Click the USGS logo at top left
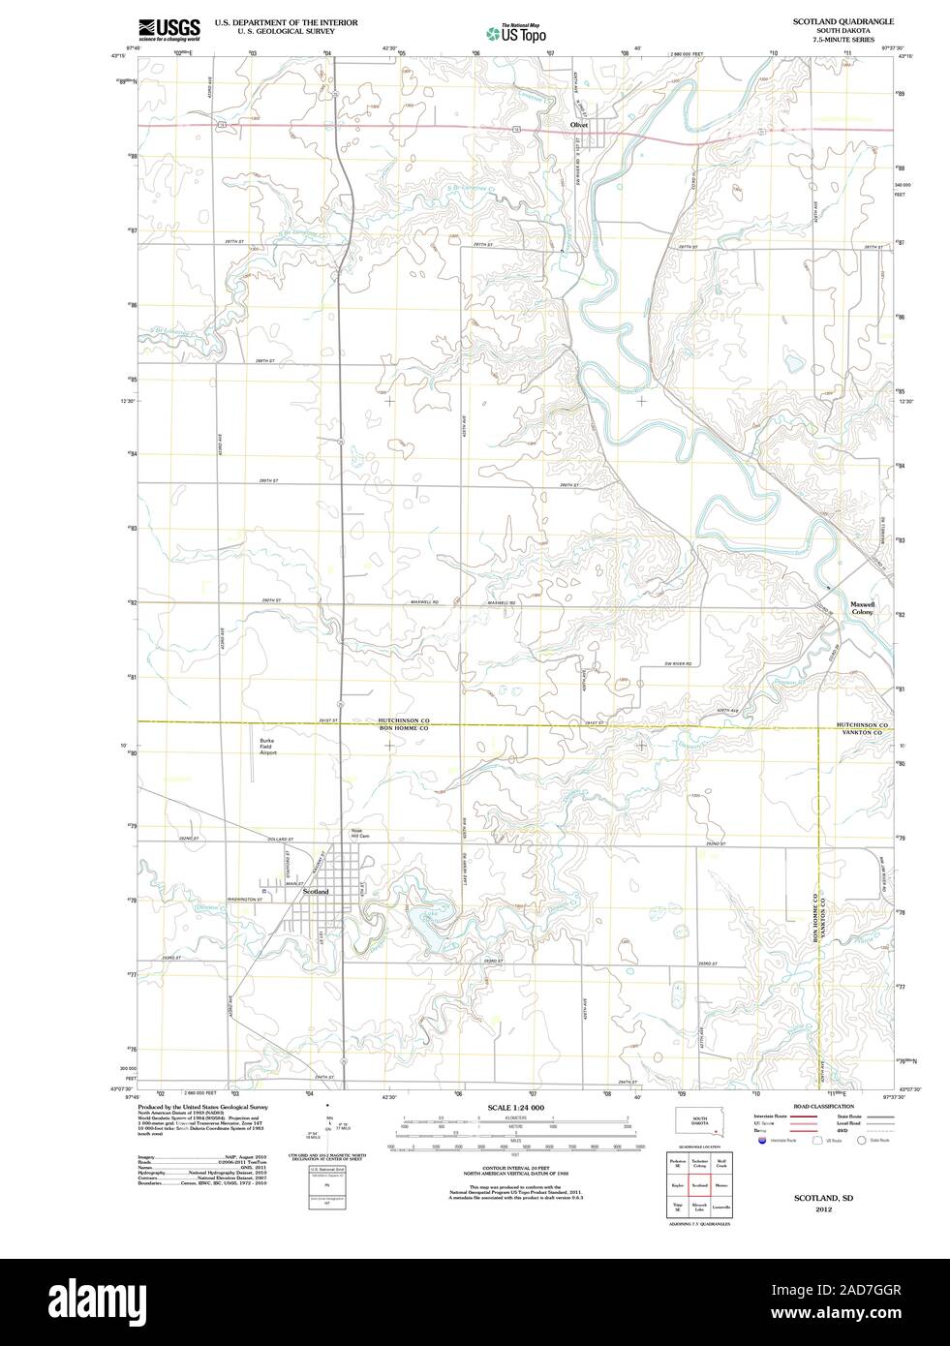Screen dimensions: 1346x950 coord(169,29)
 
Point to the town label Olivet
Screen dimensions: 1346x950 coord(579,124)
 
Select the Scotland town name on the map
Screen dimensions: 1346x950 coord(316,891)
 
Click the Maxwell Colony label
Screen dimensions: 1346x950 coord(862,608)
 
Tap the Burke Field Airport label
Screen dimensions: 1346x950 coord(267,747)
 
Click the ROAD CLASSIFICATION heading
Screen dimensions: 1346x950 coord(823,1106)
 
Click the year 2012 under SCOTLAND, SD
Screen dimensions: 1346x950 coord(823,1209)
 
